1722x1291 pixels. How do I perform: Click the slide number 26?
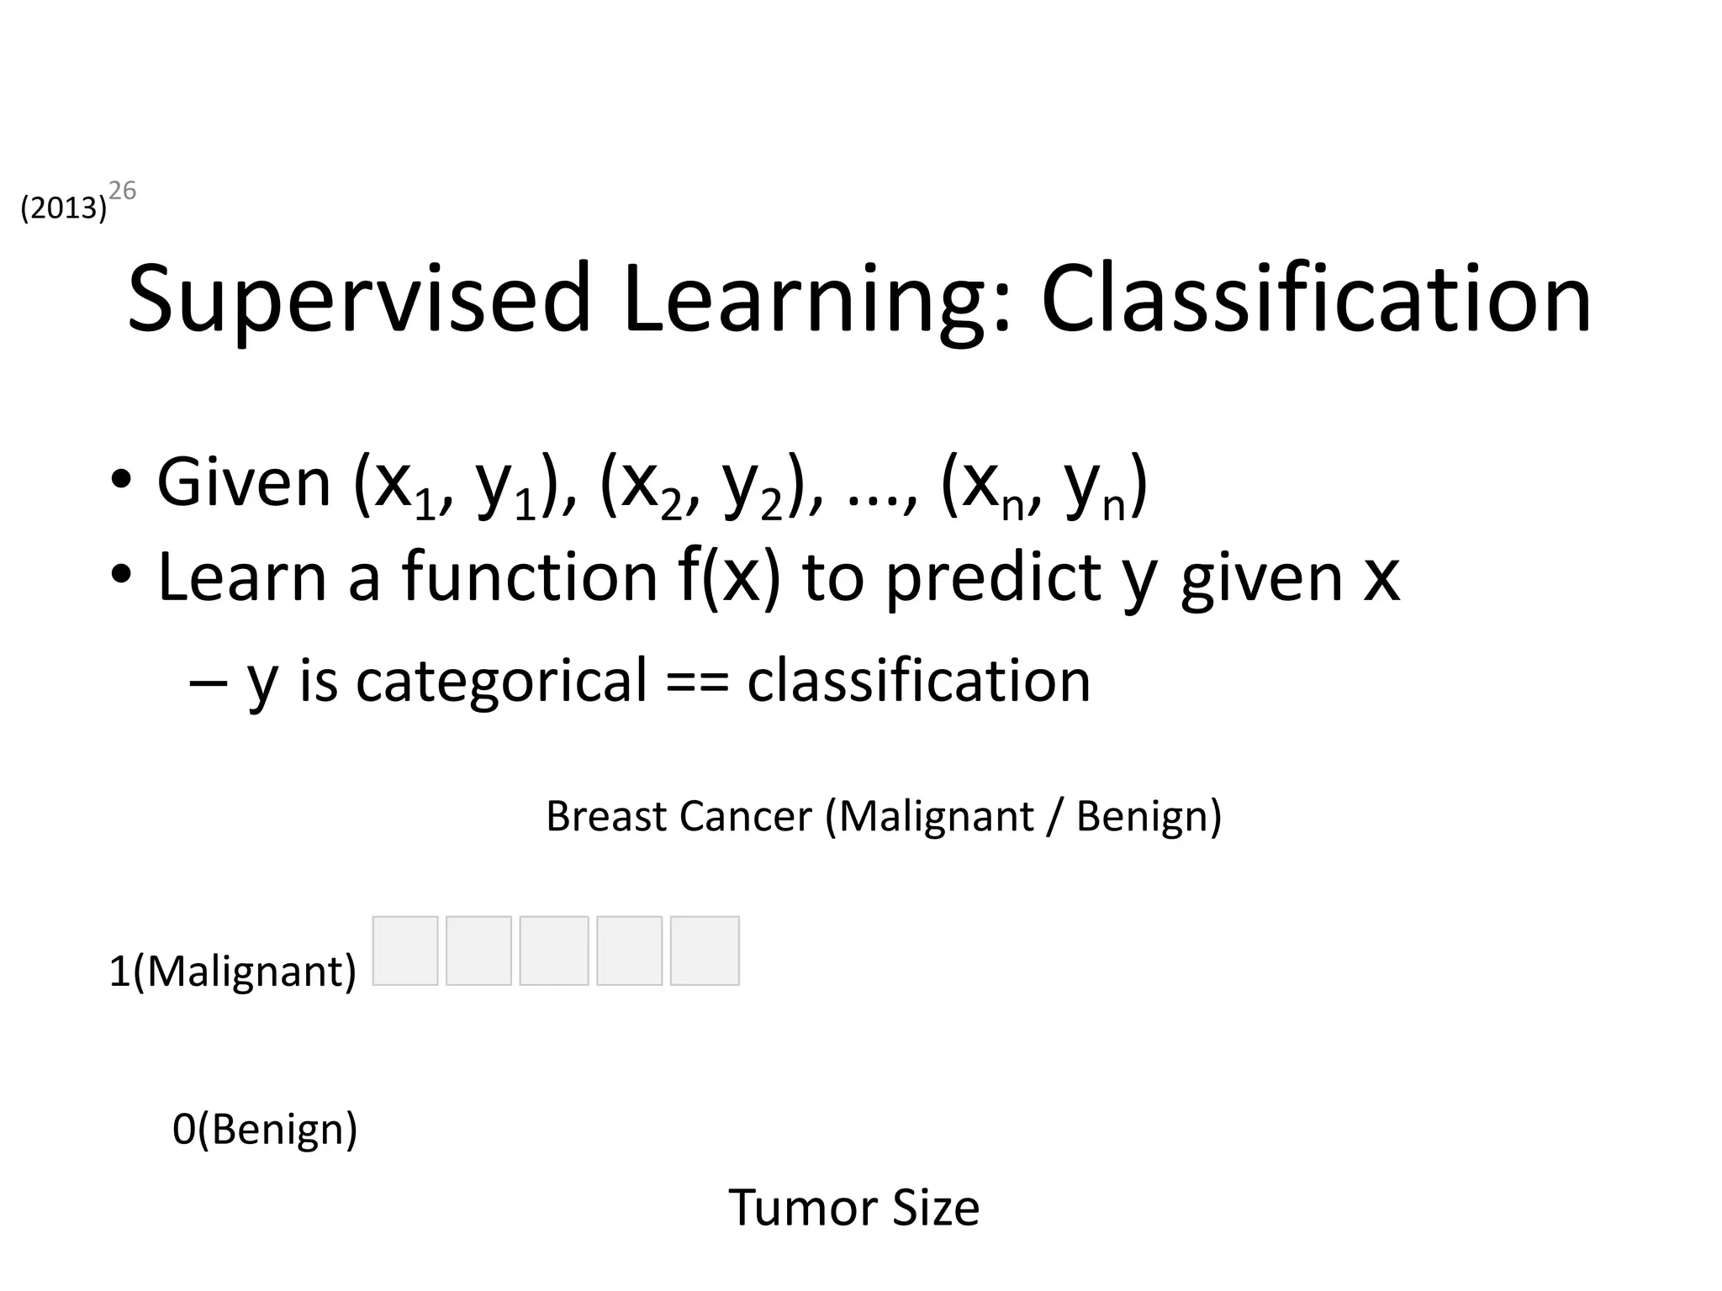pos(123,192)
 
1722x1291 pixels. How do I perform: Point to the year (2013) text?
pos(63,208)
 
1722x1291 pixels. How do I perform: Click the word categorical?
pos(502,680)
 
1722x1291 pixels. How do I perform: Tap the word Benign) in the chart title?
pos(1149,816)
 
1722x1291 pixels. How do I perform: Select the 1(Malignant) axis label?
pos(233,972)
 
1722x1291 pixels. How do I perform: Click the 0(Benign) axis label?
pos(265,1129)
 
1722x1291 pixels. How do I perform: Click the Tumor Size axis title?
pos(853,1208)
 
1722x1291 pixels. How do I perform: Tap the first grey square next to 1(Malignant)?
pos(405,951)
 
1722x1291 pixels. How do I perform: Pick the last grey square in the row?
pos(705,951)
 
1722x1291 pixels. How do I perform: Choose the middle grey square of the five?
pos(554,951)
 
